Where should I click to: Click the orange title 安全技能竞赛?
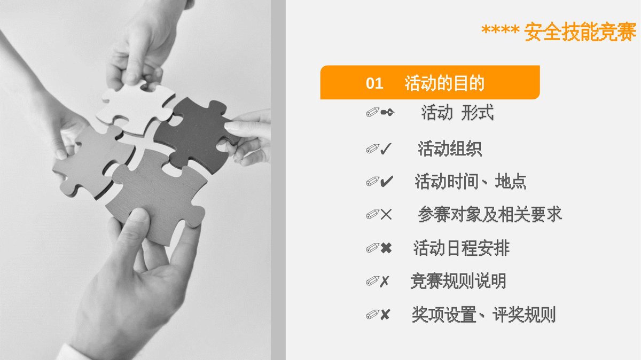(580, 32)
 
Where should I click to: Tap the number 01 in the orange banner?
(374, 83)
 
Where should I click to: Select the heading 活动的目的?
(444, 83)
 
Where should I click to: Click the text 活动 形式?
(457, 112)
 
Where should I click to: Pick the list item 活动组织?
(450, 148)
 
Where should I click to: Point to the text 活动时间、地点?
(471, 182)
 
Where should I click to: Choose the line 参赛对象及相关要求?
(490, 214)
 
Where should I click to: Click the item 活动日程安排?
(462, 248)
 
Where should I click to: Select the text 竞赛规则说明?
(458, 281)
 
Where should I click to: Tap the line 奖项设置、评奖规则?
(483, 314)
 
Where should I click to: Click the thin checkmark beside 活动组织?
(386, 149)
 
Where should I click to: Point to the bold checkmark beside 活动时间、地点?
(387, 182)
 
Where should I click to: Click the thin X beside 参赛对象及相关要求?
(386, 214)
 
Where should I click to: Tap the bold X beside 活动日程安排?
(386, 248)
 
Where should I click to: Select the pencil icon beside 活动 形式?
(373, 113)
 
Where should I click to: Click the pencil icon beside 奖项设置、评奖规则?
(373, 315)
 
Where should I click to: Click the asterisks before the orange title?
(500, 30)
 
